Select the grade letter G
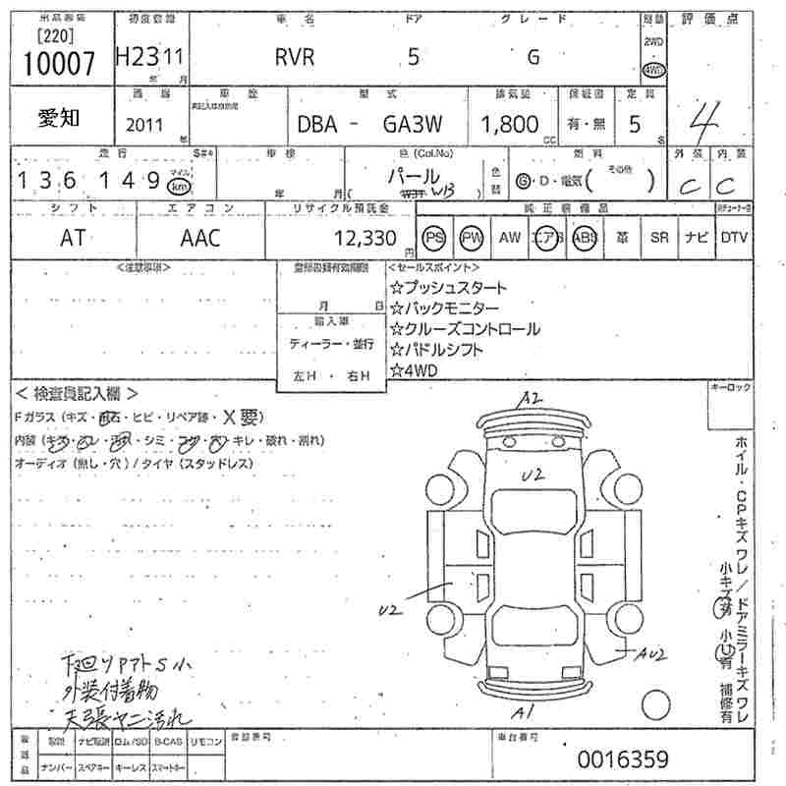(533, 57)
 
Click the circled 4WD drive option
(652, 71)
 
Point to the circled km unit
(179, 186)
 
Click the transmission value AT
(72, 238)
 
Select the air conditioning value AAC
(200, 238)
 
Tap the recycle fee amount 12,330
(364, 238)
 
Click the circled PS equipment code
(434, 238)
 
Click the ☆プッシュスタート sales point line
(448, 288)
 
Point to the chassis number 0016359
(623, 758)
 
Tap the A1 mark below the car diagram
(527, 711)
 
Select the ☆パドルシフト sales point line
(441, 350)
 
